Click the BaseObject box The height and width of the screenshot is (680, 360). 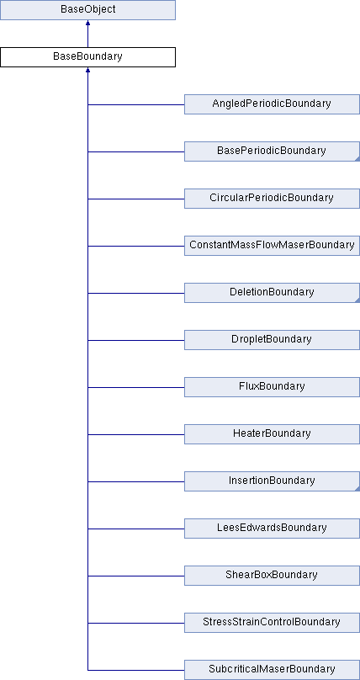click(x=87, y=10)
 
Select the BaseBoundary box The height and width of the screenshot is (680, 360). click(x=87, y=57)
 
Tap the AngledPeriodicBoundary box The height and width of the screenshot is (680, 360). click(x=272, y=104)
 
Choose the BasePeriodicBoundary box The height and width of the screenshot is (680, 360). click(x=272, y=151)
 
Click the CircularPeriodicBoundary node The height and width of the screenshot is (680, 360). click(x=272, y=199)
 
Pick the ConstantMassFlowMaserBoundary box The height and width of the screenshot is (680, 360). click(x=272, y=246)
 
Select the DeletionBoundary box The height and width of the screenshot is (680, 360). click(x=272, y=293)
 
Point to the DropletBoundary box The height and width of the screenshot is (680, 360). click(x=272, y=340)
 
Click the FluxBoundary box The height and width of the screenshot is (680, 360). click(x=272, y=387)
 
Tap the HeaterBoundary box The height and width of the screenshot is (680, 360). click(x=272, y=434)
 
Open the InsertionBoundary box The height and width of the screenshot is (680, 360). click(x=272, y=481)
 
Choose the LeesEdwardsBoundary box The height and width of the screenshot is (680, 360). click(x=272, y=529)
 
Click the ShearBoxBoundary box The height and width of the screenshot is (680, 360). click(x=272, y=576)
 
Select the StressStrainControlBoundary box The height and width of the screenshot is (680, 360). click(x=272, y=623)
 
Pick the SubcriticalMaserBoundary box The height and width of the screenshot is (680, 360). click(x=272, y=670)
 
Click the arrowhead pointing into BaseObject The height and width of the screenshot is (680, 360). click(x=87, y=23)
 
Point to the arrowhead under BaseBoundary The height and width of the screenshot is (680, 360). click(x=87, y=70)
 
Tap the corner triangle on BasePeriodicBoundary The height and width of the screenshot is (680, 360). click(x=357, y=159)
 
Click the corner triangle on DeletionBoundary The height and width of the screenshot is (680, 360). click(x=357, y=300)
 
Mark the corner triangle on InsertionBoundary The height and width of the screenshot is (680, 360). click(x=357, y=489)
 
